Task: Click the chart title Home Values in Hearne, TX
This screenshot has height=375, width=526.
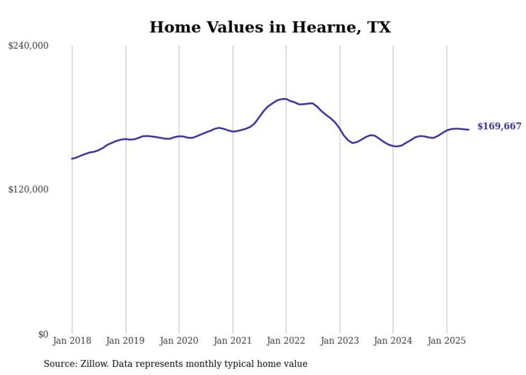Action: (x=270, y=27)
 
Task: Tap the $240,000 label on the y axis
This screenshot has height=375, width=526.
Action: (x=28, y=46)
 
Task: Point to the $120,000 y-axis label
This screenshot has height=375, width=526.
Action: (x=28, y=189)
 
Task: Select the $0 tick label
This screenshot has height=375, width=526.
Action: (x=43, y=334)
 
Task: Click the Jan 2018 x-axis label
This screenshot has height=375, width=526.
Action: (x=72, y=341)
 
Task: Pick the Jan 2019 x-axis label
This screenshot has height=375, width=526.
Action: (x=126, y=341)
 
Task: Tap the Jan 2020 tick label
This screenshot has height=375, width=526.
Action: (x=179, y=341)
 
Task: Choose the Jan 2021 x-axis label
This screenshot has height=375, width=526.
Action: (x=232, y=341)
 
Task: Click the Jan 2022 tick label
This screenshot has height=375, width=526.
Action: (x=286, y=341)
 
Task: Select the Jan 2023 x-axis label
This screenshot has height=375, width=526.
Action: (x=339, y=341)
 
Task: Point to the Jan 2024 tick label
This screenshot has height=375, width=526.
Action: (x=393, y=341)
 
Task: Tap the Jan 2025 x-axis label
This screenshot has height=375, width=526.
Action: (x=447, y=341)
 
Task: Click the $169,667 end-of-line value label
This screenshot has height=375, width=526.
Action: (x=499, y=127)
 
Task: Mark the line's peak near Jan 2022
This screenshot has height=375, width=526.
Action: (x=284, y=99)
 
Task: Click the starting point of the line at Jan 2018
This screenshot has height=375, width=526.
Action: (x=72, y=159)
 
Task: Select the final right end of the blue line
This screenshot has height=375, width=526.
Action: (x=469, y=129)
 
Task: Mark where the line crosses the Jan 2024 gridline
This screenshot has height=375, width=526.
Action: (x=393, y=145)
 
